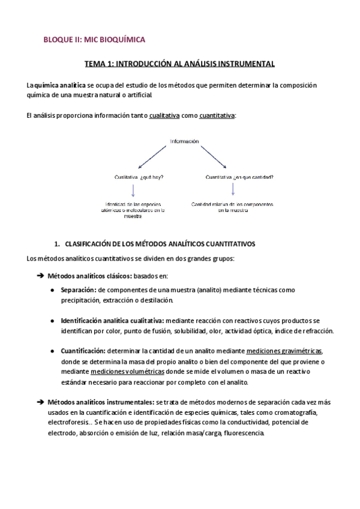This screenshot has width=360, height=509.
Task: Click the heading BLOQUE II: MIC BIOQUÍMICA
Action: coord(95,40)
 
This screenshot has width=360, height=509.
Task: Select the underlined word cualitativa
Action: coord(164,115)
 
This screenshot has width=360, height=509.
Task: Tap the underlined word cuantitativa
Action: coord(217,115)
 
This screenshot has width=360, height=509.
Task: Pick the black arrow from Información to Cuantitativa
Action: coord(214,157)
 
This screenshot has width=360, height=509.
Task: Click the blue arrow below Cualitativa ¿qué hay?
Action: coord(133,190)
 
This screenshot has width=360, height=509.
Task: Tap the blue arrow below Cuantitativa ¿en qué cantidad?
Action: coord(233,190)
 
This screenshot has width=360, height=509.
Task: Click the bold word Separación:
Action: coord(79,290)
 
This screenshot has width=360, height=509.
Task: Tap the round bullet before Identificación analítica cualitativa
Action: coord(54,321)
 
